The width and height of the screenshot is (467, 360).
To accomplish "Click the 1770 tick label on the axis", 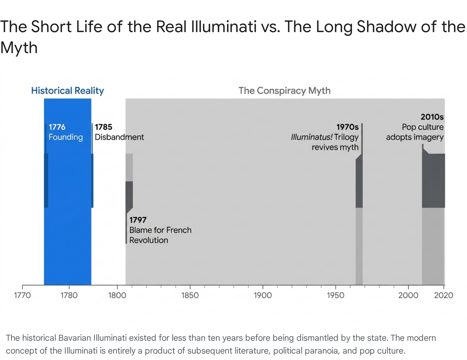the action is [22, 295].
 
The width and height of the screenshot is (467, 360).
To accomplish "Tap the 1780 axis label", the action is [69, 295].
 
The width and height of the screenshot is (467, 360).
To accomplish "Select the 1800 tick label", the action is [117, 295].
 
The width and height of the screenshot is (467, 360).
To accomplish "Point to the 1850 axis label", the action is [190, 295].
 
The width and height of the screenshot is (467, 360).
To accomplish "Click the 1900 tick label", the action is [263, 295].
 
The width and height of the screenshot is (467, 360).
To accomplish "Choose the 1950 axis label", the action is [335, 295].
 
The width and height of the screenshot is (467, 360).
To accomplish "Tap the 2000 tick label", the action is [408, 295].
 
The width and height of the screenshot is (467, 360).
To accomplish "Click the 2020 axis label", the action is [444, 295].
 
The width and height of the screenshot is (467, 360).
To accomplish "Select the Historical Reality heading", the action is [67, 91].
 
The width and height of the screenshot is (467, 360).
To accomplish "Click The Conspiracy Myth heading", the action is [285, 91].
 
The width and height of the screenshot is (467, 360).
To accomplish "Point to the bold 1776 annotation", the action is [57, 127].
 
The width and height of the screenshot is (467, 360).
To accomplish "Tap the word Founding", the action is [66, 137].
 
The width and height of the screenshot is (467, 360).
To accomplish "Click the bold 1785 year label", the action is [104, 127].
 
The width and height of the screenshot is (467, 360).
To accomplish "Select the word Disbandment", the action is [119, 137].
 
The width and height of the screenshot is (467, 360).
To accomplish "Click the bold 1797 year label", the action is [138, 220].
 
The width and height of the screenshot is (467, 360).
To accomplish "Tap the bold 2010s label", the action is [432, 117].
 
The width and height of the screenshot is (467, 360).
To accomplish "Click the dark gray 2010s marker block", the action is [433, 180].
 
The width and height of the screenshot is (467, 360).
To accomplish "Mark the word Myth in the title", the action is [19, 48].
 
